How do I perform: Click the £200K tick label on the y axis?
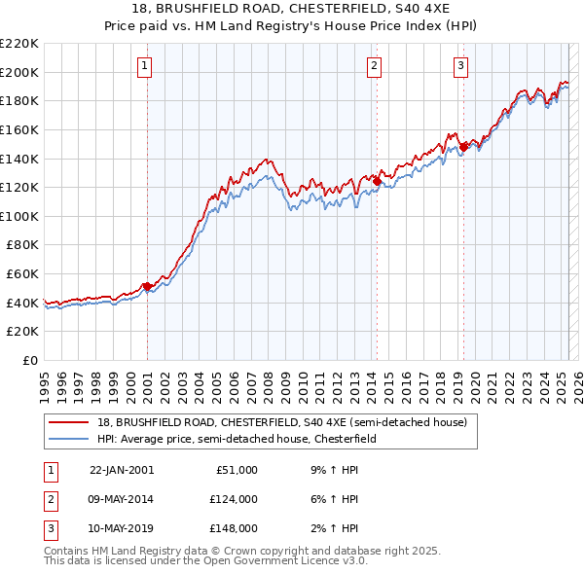19,72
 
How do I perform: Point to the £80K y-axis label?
22,245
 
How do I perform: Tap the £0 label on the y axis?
30,361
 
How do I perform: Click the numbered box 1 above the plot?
144,66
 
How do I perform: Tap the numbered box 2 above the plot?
374,66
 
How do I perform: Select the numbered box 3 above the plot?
460,66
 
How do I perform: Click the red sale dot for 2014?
377,181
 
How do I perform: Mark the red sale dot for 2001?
147,286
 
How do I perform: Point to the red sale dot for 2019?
463,146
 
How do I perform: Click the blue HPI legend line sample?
68,439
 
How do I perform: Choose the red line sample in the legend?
68,422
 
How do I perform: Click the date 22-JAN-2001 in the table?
122,470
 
